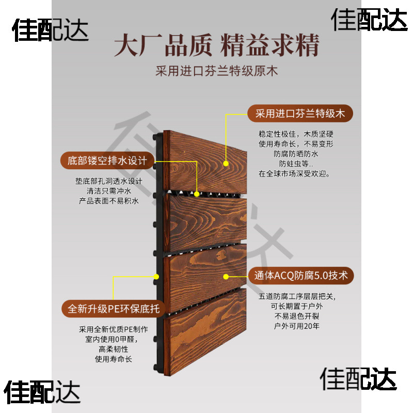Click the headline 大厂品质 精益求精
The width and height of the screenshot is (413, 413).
coord(216,45)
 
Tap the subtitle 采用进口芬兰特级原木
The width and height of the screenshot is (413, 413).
coord(217,71)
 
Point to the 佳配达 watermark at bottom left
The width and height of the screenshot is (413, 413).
coord(43,392)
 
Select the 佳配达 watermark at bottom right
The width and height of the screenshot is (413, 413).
coord(359,379)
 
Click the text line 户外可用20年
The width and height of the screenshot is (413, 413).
coord(296,326)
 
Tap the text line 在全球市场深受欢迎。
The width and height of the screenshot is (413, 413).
coord(295,173)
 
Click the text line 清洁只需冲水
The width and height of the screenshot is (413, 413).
coord(106,191)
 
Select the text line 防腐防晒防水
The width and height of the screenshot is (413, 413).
coord(296,153)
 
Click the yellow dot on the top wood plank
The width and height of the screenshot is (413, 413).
coord(226,163)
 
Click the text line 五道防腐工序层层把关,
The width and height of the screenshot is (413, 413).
coord(296,296)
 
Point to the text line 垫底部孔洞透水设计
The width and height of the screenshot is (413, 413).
coord(106,181)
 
